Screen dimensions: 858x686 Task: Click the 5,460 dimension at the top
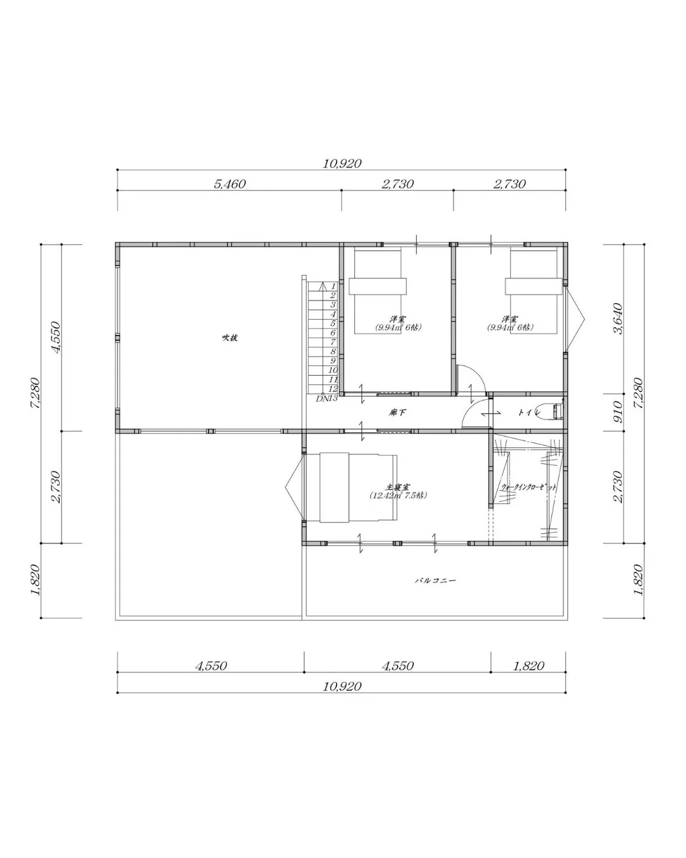[229, 184]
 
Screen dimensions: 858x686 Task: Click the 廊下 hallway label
[398, 413]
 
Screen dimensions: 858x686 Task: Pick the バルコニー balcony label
[436, 580]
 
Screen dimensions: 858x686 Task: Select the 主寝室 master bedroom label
[398, 486]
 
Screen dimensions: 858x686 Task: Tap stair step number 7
[332, 342]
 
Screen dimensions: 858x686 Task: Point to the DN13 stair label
[326, 398]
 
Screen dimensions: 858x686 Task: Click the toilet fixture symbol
[550, 412]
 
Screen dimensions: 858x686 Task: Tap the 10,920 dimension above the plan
[342, 163]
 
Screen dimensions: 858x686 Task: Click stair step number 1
[333, 287]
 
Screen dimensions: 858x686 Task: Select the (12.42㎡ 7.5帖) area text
[398, 495]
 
